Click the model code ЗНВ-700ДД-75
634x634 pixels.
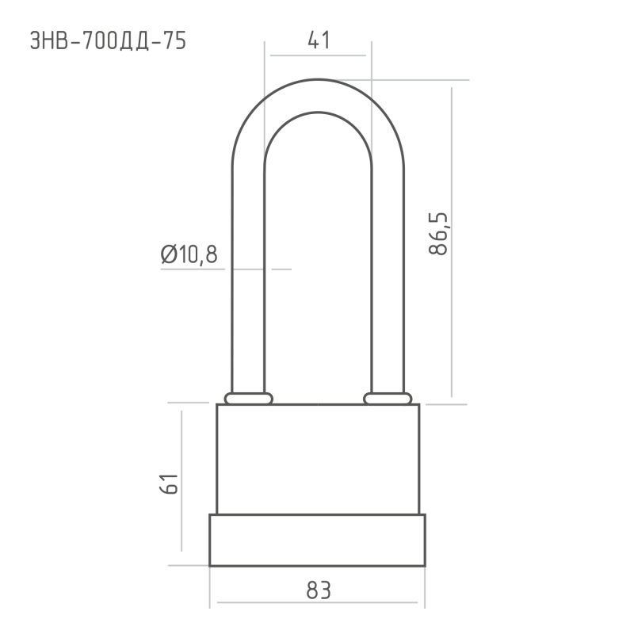coord(108,41)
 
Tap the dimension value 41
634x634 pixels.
coord(319,40)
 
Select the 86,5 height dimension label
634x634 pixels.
coord(438,233)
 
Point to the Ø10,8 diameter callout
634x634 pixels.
coord(189,254)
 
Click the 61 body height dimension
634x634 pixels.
coord(169,483)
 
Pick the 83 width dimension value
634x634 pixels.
coord(319,590)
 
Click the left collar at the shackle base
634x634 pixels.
coord(249,399)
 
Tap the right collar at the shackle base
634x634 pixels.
coord(388,399)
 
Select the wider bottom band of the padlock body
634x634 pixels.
coord(318,540)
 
